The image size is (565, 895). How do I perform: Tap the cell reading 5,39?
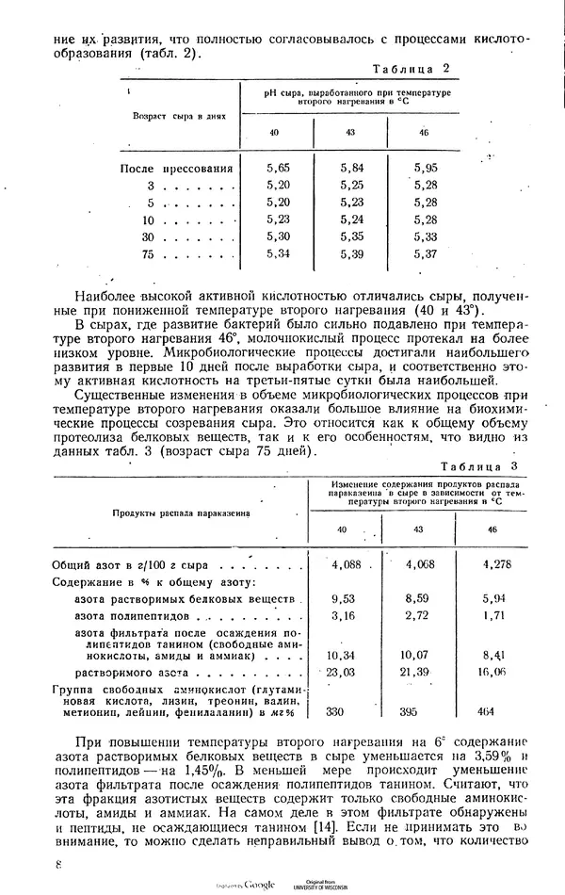[x=352, y=253]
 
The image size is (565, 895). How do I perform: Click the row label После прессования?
[x=177, y=169]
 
